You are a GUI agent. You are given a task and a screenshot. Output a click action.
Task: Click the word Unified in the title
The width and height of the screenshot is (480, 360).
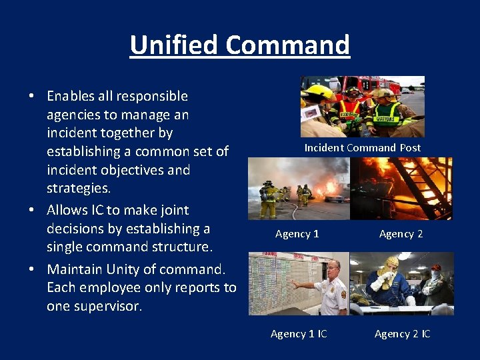(x=175, y=45)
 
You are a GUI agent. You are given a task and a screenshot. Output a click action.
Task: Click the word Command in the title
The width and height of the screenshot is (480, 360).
(x=287, y=45)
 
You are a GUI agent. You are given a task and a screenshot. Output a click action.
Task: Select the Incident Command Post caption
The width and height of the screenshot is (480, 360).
(x=363, y=147)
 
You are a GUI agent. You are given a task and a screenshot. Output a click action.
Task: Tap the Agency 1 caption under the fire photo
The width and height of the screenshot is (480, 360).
(x=297, y=233)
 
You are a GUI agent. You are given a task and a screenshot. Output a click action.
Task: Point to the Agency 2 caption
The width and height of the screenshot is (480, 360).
(x=401, y=233)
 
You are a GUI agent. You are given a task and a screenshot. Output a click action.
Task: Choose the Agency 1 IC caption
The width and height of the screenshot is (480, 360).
(x=299, y=333)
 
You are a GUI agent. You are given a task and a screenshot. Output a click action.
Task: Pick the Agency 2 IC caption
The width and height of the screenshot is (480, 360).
(x=402, y=333)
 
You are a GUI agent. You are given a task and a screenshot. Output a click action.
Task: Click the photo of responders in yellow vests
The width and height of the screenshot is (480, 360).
(x=362, y=106)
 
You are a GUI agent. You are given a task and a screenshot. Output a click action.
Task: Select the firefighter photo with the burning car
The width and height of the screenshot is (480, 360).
(x=299, y=189)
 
